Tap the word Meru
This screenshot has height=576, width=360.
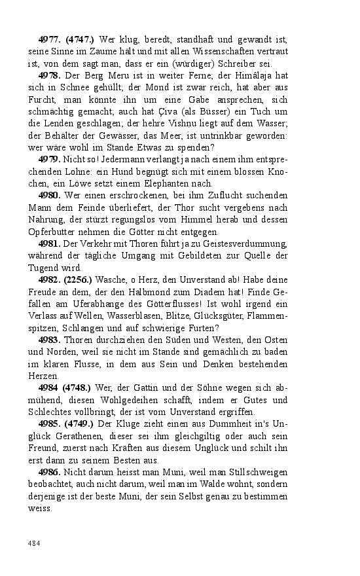108,76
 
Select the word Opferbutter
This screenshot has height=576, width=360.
52,231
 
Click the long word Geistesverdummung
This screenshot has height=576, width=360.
242,243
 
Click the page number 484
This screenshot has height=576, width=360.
34,543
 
